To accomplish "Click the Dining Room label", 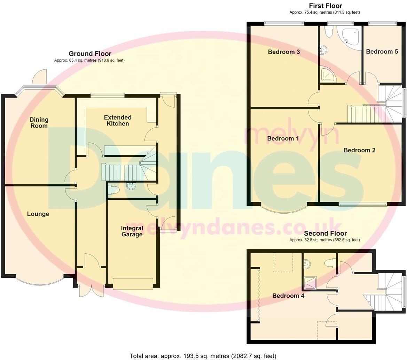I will tap(39, 123).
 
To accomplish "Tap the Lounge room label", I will tap(38, 214).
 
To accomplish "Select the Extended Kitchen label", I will tap(118, 121).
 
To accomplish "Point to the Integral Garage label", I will tap(132, 231).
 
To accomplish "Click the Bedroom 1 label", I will tap(283, 138).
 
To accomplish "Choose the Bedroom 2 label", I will tap(359, 150).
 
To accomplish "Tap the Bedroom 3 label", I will tap(284, 52).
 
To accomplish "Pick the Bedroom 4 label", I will tap(288, 296).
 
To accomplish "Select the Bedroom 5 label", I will tap(382, 52).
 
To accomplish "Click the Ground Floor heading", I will tap(90, 54).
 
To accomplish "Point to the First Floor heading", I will tap(325, 6).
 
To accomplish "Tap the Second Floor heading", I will tap(325, 233).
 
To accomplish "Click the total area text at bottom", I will tap(203, 356).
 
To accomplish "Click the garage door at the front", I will tap(133, 284).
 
